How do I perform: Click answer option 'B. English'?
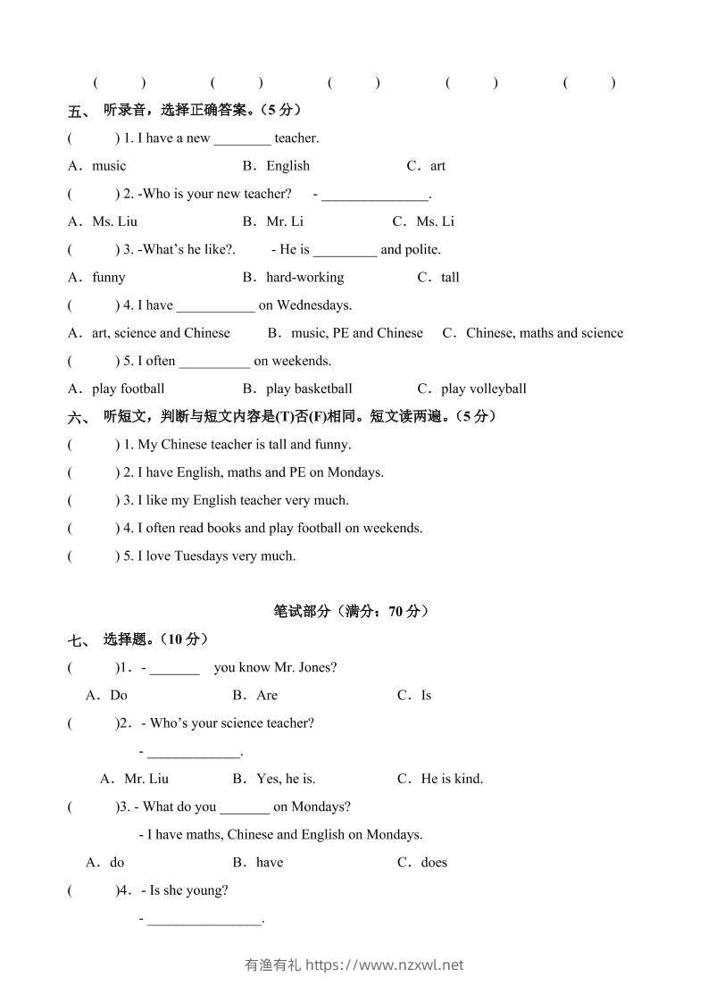click(x=276, y=166)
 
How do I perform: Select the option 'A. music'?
click(x=97, y=166)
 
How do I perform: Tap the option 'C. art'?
click(x=426, y=166)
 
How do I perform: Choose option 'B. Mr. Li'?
click(x=273, y=221)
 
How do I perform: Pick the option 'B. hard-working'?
click(x=293, y=278)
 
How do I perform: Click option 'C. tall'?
click(x=438, y=278)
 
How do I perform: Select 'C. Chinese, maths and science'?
click(x=533, y=333)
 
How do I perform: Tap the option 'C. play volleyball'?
click(x=471, y=388)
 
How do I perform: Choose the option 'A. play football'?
click(x=117, y=388)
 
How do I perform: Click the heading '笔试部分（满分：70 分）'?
click(x=352, y=612)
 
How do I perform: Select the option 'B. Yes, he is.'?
click(x=274, y=779)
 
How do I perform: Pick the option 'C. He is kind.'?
click(x=440, y=779)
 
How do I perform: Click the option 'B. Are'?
click(x=255, y=696)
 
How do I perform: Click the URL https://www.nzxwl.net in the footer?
click(x=385, y=964)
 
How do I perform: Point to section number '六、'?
click(x=79, y=417)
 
